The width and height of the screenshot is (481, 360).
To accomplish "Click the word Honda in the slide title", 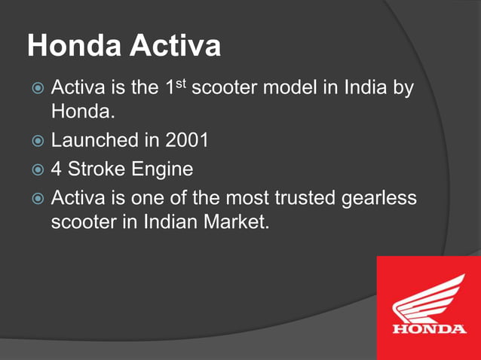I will pyautogui.click(x=74, y=47).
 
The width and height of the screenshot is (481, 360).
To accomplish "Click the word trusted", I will pyautogui.click(x=294, y=199).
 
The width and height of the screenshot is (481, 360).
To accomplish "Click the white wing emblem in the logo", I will pyautogui.click(x=429, y=298).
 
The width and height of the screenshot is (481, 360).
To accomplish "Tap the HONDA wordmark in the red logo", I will pyautogui.click(x=429, y=329).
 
